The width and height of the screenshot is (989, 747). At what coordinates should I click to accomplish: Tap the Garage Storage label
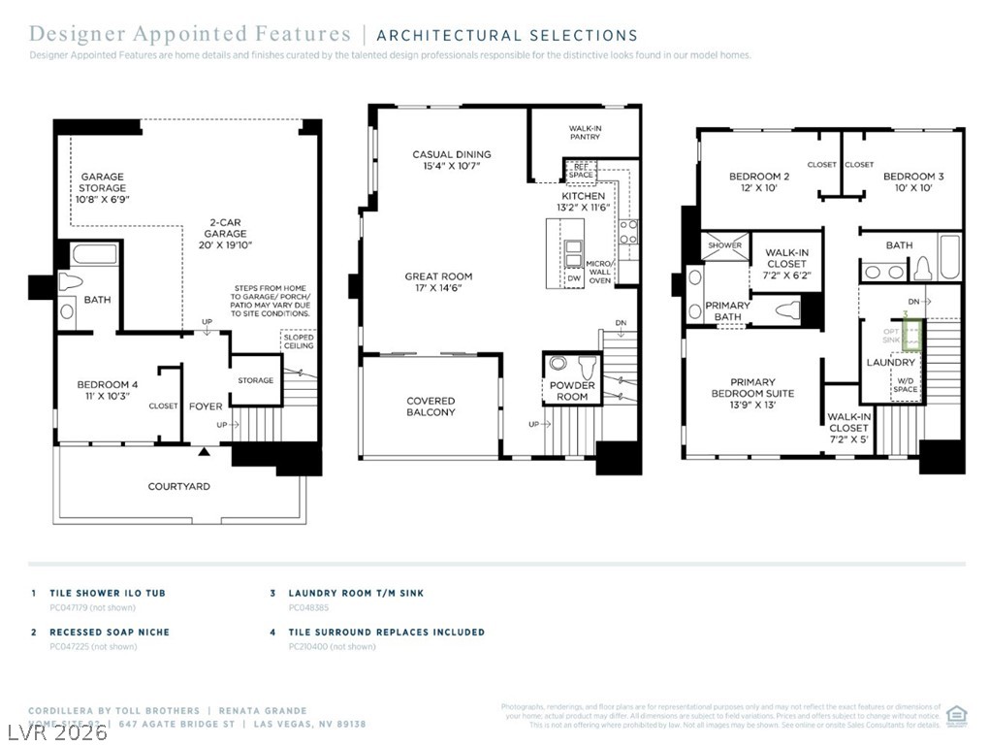(x=102, y=187)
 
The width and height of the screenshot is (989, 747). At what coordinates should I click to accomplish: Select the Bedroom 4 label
(x=107, y=391)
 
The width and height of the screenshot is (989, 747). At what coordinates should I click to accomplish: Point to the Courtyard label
(x=178, y=486)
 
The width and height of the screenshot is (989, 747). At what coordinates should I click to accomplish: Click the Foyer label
(x=205, y=406)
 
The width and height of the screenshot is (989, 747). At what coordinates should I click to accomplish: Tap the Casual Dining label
(x=451, y=160)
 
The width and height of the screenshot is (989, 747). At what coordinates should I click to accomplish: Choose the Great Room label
(x=438, y=282)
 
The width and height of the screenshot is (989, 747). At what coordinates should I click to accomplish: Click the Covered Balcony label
(x=431, y=406)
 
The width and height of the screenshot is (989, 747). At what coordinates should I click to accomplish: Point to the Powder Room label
(x=572, y=391)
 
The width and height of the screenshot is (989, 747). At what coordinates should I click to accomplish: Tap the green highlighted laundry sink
(x=911, y=336)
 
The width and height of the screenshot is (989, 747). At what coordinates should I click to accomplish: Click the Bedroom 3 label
(x=912, y=182)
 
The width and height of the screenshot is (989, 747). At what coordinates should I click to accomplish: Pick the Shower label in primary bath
(x=724, y=245)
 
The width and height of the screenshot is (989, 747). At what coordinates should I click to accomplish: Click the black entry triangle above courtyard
(x=204, y=452)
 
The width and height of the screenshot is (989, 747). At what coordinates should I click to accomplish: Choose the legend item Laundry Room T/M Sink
(x=355, y=593)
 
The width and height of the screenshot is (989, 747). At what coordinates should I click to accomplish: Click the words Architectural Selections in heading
(x=507, y=36)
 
